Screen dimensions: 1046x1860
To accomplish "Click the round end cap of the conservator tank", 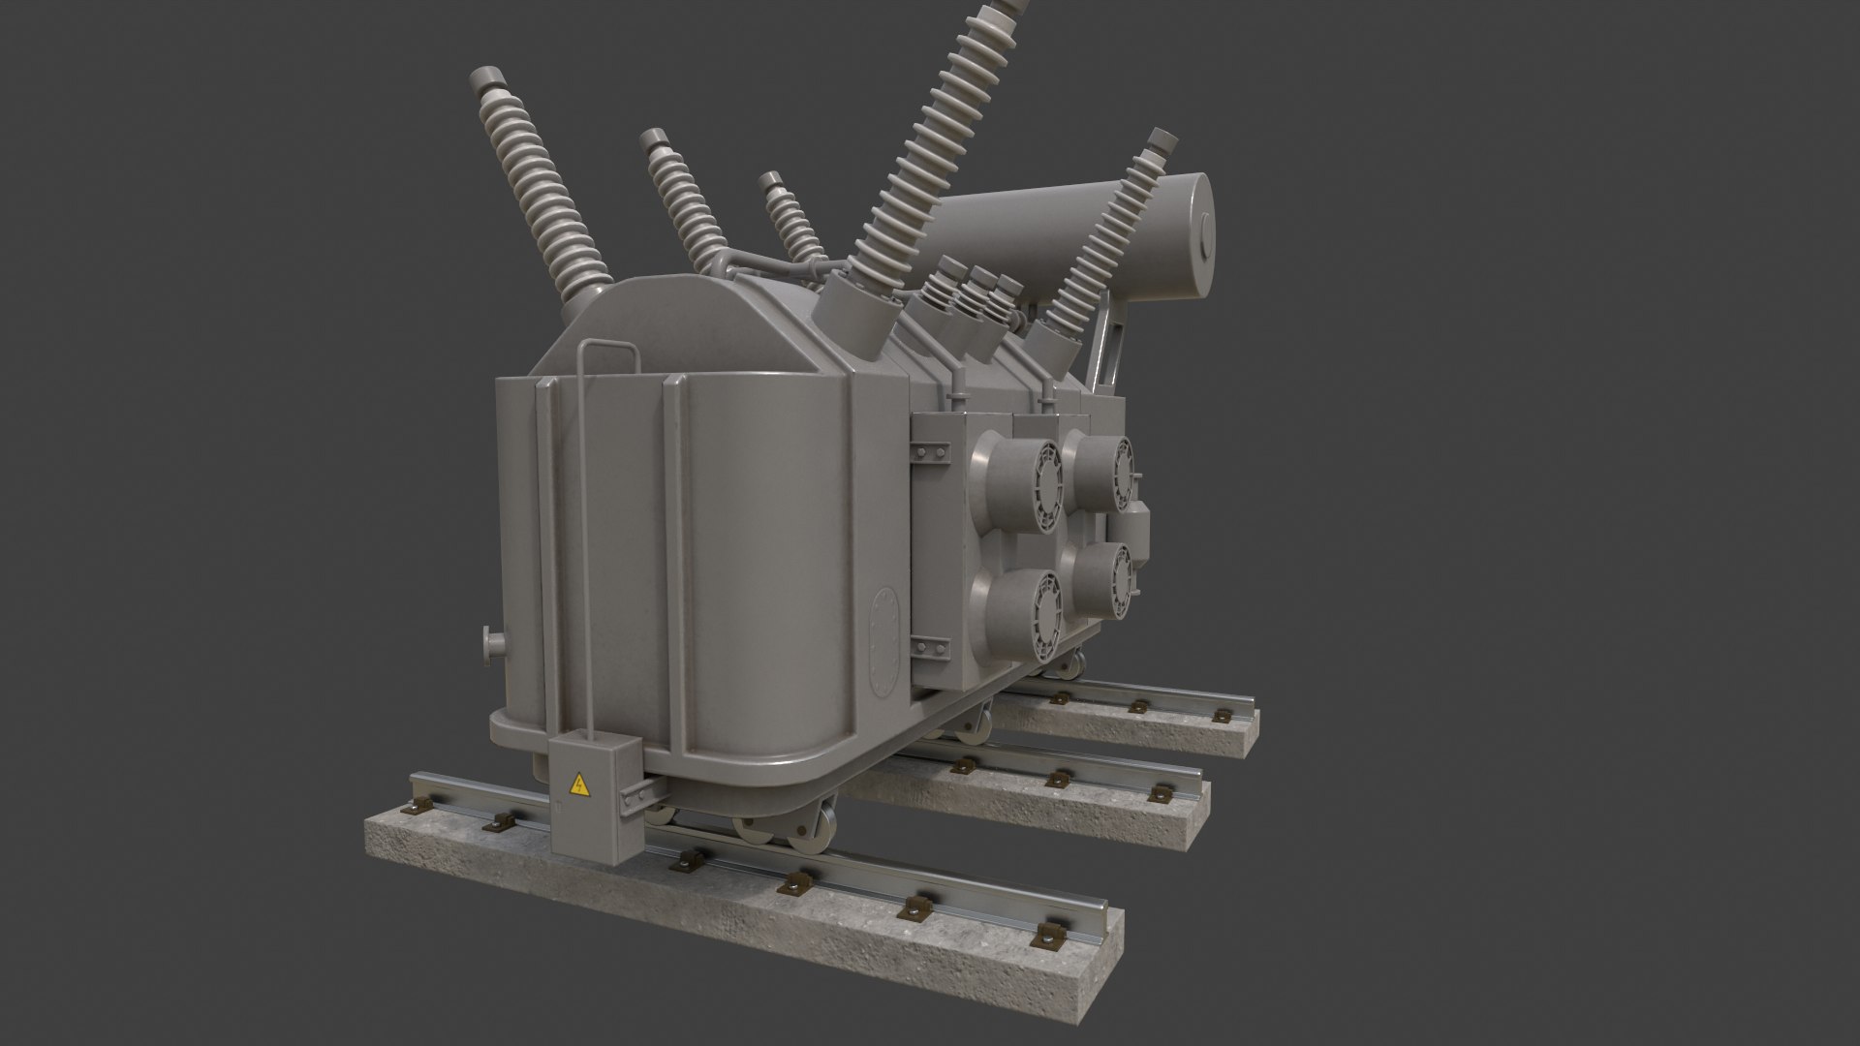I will [1200, 233].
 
